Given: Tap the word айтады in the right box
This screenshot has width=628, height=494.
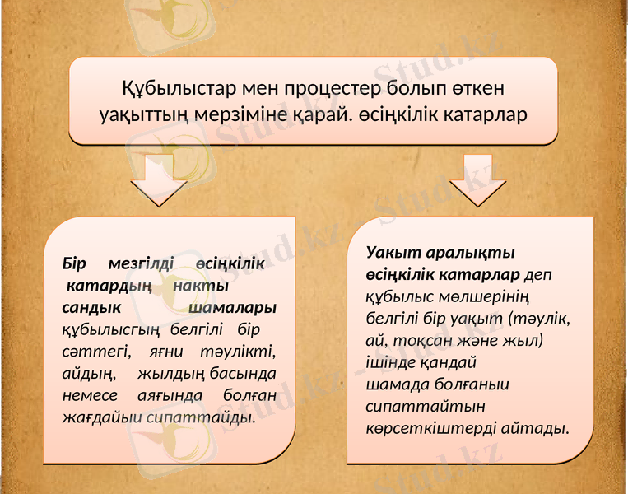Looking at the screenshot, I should (526, 429).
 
